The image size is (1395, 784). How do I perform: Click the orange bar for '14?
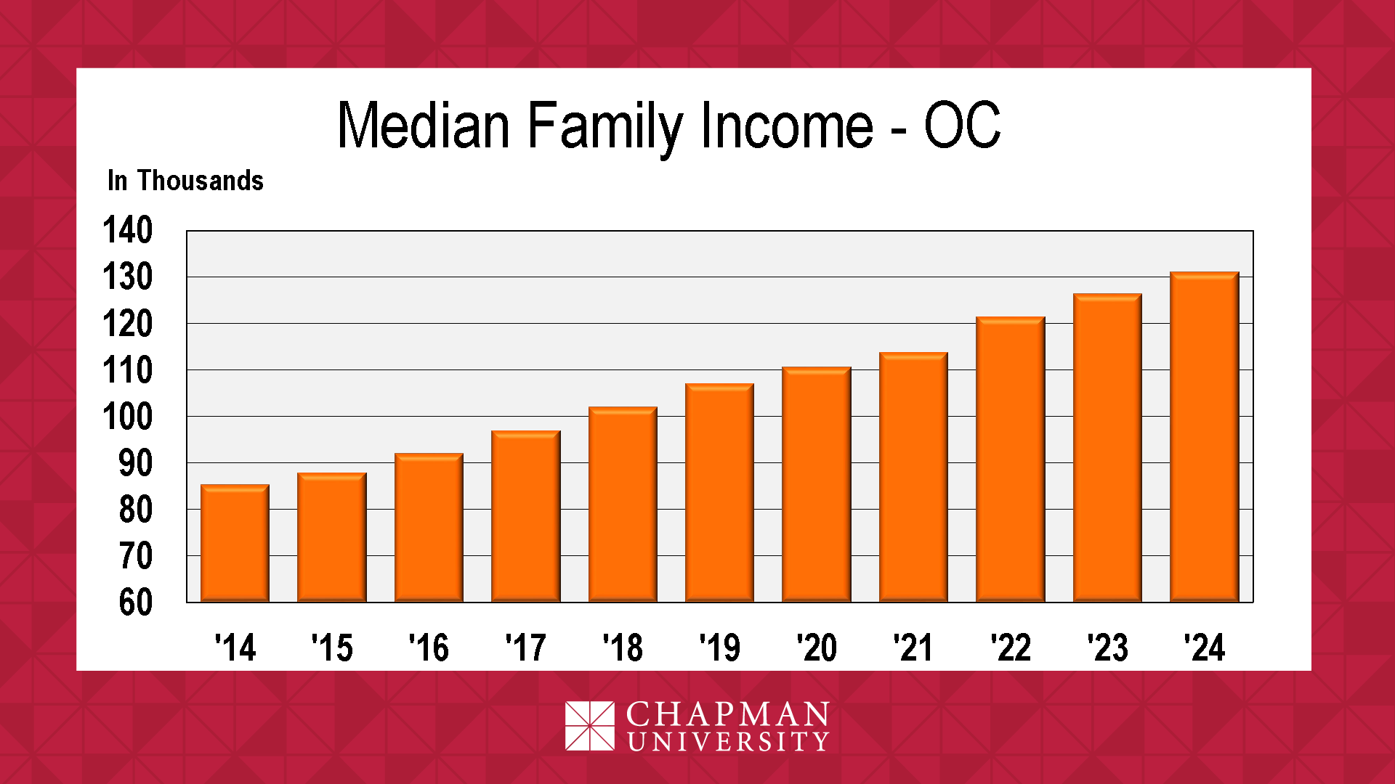235,543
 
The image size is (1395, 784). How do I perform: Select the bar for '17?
526,516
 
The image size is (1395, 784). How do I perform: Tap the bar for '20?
817,484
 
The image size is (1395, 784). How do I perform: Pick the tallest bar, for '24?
1205,437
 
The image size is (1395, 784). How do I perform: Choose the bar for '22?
1011,460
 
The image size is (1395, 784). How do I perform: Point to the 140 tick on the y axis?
128,230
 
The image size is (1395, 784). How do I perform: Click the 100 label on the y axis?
128,417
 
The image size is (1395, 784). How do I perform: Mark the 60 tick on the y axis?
136,603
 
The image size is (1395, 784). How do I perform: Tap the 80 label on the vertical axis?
136,510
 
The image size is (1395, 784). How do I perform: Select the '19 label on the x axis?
719,648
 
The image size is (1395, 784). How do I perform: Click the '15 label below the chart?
332,648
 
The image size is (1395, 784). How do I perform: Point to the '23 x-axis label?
1107,648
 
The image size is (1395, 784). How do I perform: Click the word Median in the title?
424,125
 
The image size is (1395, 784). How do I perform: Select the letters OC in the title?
963,125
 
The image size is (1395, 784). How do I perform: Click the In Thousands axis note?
185,181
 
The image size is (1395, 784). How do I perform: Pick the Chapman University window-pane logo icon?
590,726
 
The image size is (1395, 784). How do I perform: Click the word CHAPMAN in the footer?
727,714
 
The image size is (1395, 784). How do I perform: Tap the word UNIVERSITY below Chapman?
728,742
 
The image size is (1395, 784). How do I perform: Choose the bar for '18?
623,505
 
